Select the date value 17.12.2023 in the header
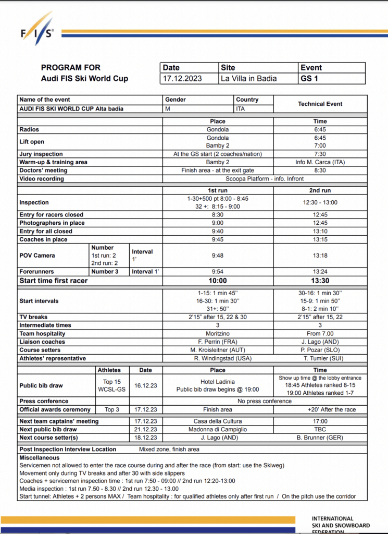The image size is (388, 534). click(182, 79)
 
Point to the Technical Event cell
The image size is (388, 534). click(320, 104)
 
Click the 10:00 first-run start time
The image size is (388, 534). click(217, 281)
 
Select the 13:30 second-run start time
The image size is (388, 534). click(320, 281)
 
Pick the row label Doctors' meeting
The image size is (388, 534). click(43, 171)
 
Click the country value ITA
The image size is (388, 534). click(241, 108)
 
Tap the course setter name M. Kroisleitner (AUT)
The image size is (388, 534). click(218, 350)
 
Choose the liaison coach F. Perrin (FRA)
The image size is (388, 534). click(218, 342)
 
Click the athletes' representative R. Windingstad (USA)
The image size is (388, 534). click(218, 358)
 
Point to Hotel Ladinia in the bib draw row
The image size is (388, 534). click(218, 382)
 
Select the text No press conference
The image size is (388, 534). click(265, 401)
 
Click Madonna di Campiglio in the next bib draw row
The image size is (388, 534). click(218, 429)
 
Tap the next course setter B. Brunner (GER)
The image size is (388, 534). click(320, 438)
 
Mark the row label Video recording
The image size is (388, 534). click(42, 179)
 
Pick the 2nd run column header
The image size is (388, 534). click(320, 190)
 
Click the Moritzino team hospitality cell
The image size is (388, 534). click(218, 333)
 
